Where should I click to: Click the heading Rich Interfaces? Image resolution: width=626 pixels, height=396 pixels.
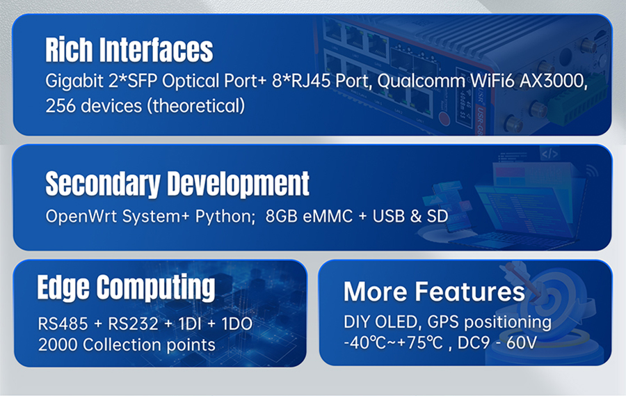129,50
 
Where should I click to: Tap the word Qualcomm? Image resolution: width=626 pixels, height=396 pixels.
421,81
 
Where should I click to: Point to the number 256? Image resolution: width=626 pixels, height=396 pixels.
60,106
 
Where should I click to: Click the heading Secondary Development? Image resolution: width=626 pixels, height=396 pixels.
177,184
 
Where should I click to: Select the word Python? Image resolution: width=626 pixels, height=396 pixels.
225,217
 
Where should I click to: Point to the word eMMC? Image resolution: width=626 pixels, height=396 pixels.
328,216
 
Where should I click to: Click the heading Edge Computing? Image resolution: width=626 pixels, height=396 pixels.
126,287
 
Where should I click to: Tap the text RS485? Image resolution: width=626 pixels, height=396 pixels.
63,324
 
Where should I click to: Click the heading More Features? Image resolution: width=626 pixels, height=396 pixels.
434,292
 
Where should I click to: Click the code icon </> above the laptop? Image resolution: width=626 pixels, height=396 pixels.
549,154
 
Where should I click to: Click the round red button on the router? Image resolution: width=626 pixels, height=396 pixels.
444,118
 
